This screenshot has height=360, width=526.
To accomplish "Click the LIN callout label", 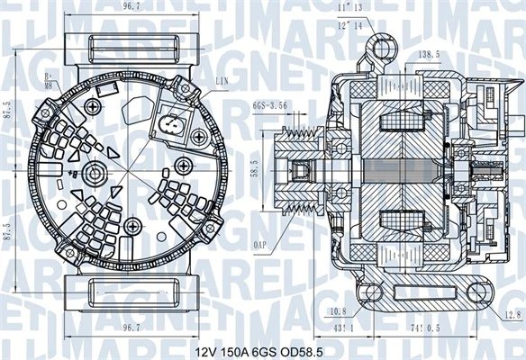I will pos(221,82).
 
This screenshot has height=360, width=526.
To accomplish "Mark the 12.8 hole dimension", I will pos(511,314).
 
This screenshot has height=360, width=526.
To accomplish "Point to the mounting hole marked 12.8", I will pos(475,290).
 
